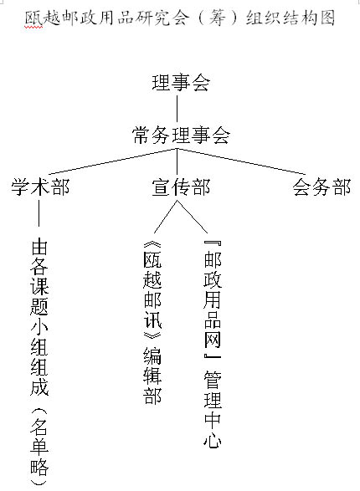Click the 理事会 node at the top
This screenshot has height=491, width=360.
tap(181, 83)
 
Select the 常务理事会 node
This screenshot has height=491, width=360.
tap(181, 136)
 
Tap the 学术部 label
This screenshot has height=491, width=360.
tap(40, 187)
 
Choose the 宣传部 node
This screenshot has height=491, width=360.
tap(181, 187)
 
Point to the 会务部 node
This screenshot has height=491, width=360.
tap(321, 187)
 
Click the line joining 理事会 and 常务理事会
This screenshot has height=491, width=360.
tap(177, 109)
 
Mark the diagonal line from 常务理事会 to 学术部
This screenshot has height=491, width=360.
tap(113, 161)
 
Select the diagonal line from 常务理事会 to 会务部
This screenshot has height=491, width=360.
tap(241, 161)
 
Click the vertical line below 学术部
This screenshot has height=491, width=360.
tap(39, 213)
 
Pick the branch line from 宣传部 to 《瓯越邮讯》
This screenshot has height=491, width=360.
tap(166, 217)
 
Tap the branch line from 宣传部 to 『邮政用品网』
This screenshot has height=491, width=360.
tap(193, 217)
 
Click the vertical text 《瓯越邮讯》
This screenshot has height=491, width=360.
tap(152, 289)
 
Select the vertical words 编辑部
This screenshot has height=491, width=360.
tap(152, 375)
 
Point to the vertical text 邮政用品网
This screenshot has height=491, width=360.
tap(213, 300)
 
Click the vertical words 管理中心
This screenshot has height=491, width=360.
tap(213, 409)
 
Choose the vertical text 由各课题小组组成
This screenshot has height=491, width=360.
tap(39, 317)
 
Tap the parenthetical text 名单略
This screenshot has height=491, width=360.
tap(39, 446)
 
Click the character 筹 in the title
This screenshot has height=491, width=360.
tap(217, 18)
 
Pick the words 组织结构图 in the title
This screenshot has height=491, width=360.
tap(291, 18)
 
